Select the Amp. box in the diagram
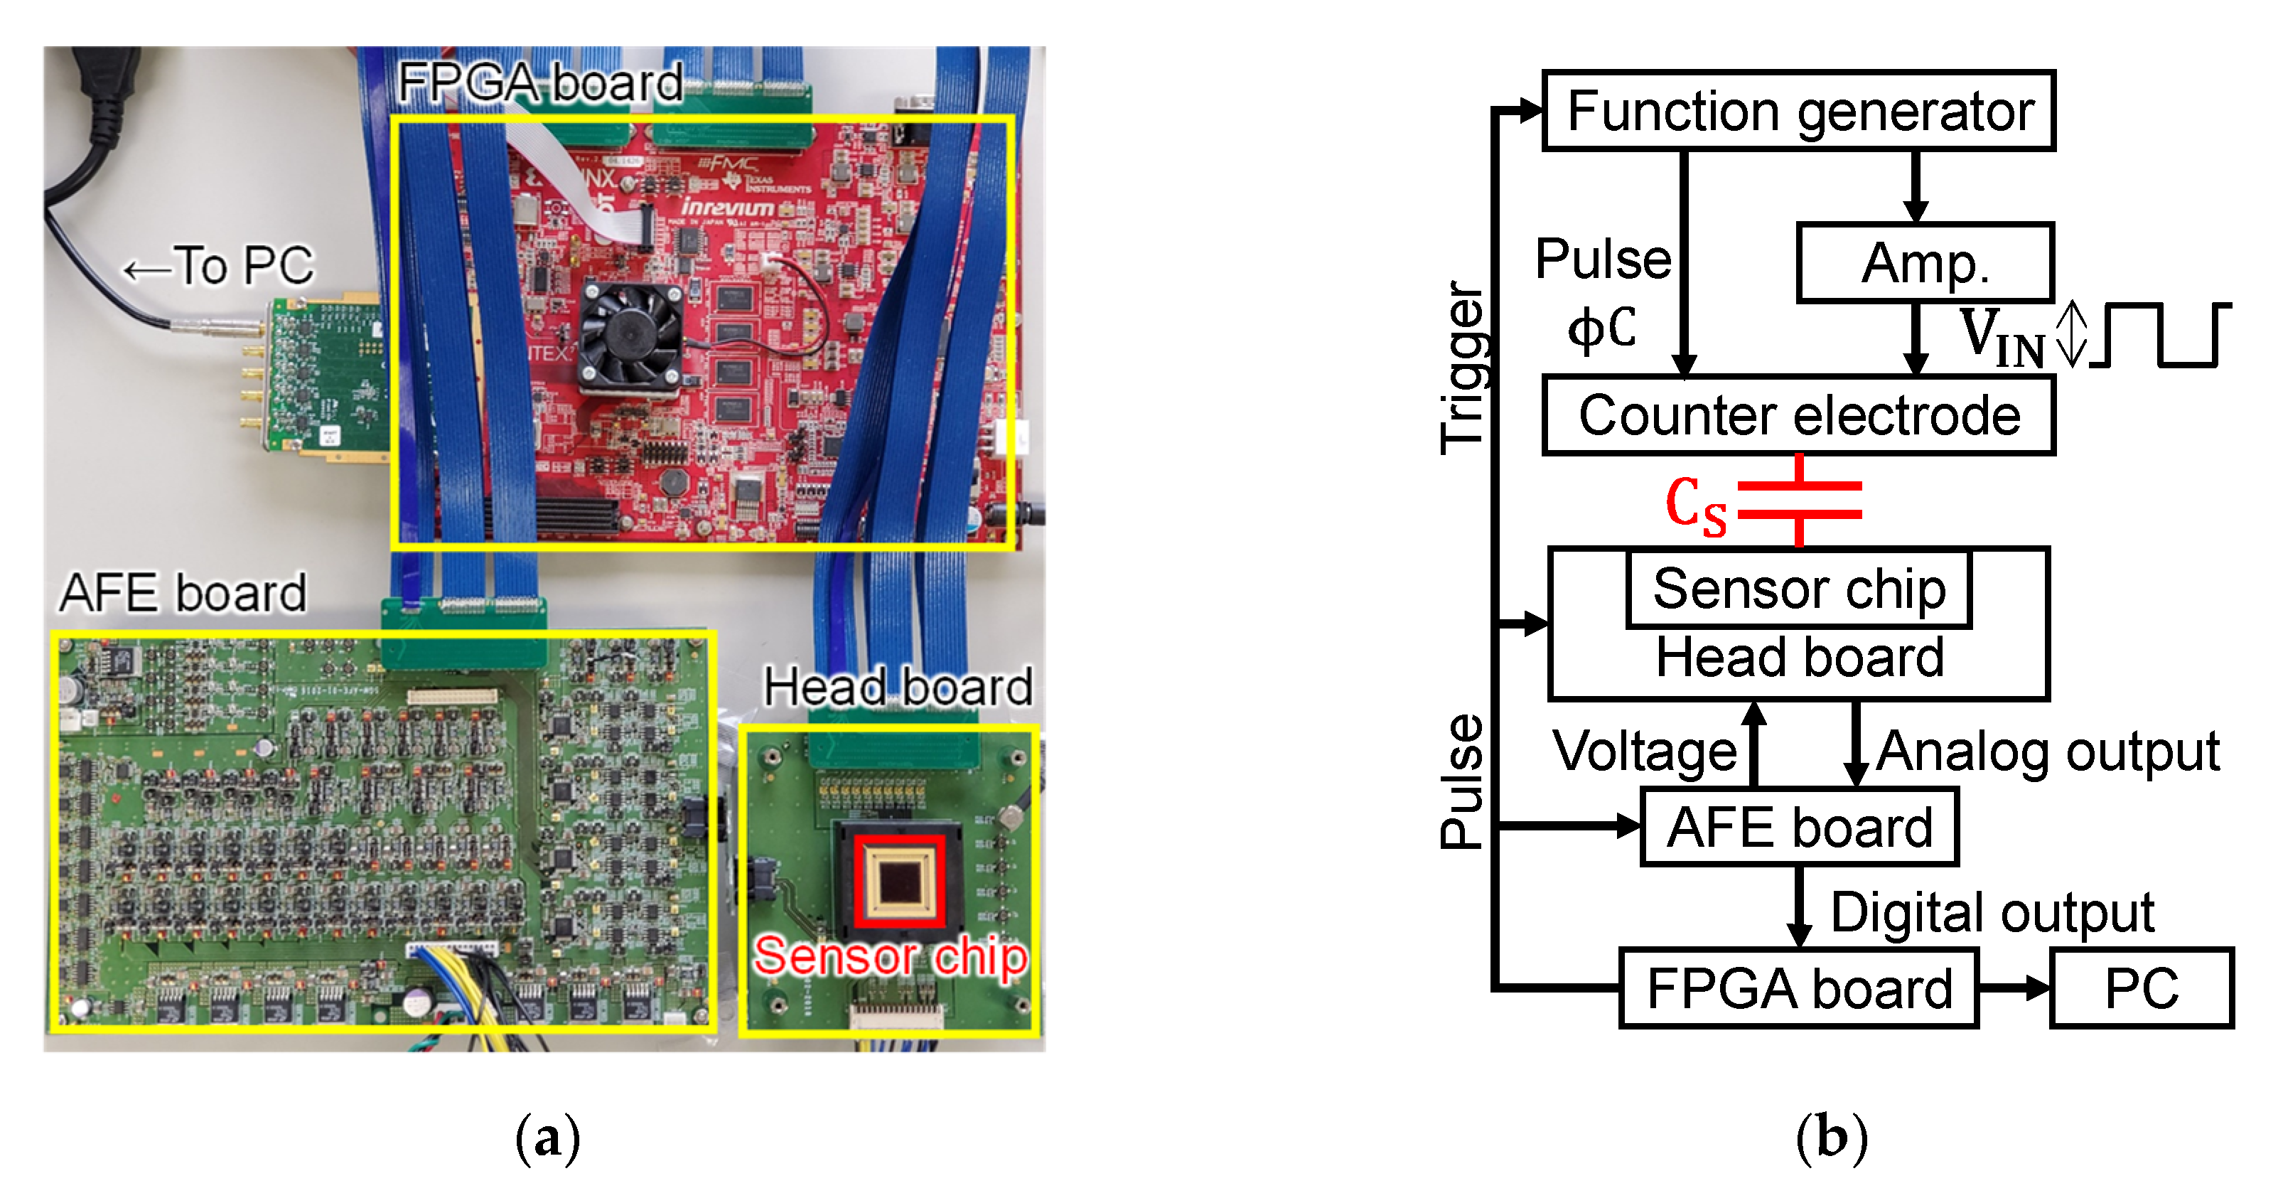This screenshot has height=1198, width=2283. coord(1924,263)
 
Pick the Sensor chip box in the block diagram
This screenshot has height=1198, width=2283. coord(1798,589)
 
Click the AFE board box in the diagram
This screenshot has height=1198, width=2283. coord(1798,826)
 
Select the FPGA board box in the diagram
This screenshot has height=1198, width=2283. coord(1798,988)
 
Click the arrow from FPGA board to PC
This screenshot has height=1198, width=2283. coord(2014,988)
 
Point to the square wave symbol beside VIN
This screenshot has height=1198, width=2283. coord(2162,334)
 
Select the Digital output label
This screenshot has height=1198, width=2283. coord(1992,911)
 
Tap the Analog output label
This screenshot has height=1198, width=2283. coord(2047,751)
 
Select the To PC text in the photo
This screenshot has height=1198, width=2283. coord(219,265)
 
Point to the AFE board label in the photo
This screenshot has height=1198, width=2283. coord(183,592)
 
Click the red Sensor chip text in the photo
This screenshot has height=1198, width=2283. coord(890,956)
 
